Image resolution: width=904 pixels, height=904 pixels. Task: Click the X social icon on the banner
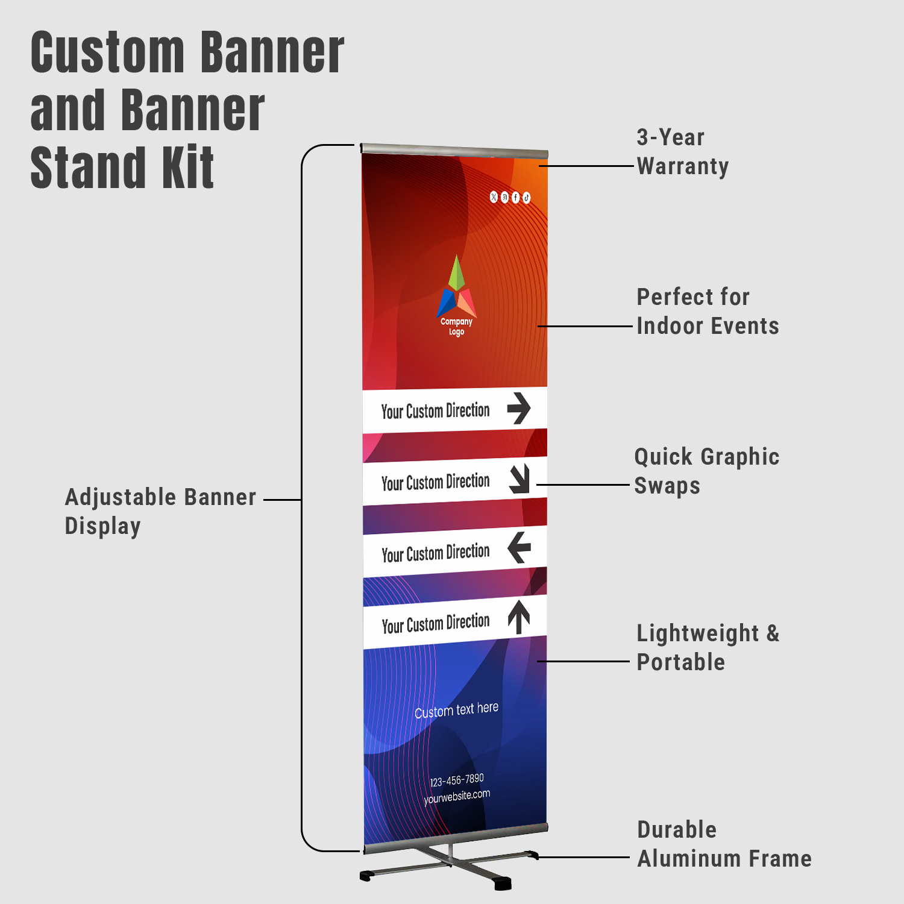pos(494,197)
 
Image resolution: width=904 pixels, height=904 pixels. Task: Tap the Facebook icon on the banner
pos(515,198)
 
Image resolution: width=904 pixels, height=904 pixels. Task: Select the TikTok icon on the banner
pos(526,198)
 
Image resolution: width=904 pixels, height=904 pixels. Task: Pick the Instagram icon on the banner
pos(504,198)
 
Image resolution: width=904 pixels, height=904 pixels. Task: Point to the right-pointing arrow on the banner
pos(518,408)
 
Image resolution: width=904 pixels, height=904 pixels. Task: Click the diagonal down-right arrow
pos(519,479)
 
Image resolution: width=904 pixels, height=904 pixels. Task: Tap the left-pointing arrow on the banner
pos(519,547)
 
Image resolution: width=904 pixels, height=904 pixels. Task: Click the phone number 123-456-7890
pos(457,780)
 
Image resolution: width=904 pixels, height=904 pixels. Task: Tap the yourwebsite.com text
pos(457,797)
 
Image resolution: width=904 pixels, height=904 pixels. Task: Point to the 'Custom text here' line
pos(456,710)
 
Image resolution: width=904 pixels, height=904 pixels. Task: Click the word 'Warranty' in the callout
pos(683,166)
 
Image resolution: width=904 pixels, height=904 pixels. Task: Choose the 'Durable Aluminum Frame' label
pos(724,844)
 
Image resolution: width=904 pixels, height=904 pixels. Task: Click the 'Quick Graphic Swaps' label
pos(706,471)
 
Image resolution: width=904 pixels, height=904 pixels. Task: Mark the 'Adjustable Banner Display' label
pos(160,512)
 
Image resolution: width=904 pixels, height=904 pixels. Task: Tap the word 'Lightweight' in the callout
pos(698,633)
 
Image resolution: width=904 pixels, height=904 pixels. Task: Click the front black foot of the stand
pos(502,884)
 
